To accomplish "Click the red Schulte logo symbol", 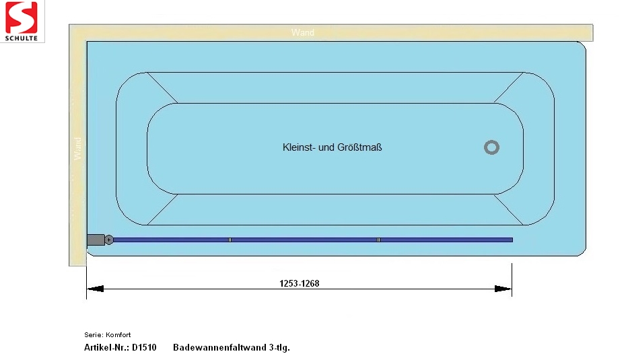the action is pyautogui.click(x=21, y=17).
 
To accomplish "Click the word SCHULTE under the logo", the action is pyautogui.click(x=21, y=38).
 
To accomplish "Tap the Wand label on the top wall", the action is pyautogui.click(x=303, y=32).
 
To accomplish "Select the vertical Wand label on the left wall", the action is pyautogui.click(x=77, y=149).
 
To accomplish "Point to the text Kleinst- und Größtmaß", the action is pyautogui.click(x=332, y=147).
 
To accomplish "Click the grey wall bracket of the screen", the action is pyautogui.click(x=96, y=240).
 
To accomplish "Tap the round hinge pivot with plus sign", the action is pyautogui.click(x=108, y=240).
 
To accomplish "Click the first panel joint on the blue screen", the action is pyautogui.click(x=230, y=240).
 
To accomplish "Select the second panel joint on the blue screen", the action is pyautogui.click(x=378, y=240).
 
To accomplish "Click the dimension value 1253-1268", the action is pyautogui.click(x=300, y=283).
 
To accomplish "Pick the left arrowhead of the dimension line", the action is pyautogui.click(x=95, y=289).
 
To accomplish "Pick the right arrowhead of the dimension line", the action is pyautogui.click(x=503, y=289).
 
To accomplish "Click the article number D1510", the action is pyautogui.click(x=144, y=347).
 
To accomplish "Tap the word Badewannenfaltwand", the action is pyautogui.click(x=219, y=347).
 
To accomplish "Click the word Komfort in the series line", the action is pyautogui.click(x=118, y=335).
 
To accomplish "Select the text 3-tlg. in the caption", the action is pyautogui.click(x=279, y=348).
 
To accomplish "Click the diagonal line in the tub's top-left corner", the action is pyautogui.click(x=162, y=87).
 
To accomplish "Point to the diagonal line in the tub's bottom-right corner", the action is pyautogui.click(x=509, y=209).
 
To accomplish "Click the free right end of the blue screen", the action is pyautogui.click(x=512, y=240).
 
